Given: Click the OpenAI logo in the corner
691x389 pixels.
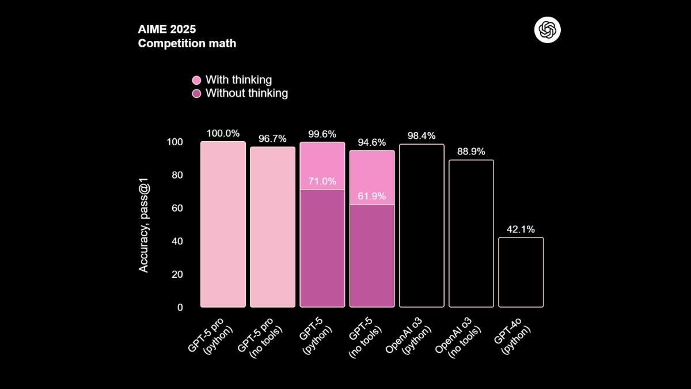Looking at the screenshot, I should pos(547,30).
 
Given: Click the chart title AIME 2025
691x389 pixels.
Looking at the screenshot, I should pos(167,29).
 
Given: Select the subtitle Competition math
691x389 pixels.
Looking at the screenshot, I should pos(187,43).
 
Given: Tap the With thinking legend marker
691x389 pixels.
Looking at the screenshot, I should pos(196,80).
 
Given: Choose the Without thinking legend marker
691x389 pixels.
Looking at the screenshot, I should pos(196,93).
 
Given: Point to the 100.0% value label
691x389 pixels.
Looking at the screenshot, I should pos(223,133).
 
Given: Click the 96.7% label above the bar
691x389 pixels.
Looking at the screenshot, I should pos(272,138).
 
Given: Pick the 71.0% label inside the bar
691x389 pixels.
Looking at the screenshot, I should pos(322,181).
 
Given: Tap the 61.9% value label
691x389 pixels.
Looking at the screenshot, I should pos(371,196).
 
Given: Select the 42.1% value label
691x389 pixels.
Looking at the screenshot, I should pos(521,229).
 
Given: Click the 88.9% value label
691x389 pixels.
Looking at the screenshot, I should pos(471,152).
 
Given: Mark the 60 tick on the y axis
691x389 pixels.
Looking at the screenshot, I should pos(176,208).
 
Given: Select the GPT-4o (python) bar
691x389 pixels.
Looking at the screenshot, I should pos(521,272).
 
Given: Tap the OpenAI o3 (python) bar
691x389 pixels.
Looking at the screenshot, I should pos(422,225).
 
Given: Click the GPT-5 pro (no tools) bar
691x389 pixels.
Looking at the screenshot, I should pos(272,227).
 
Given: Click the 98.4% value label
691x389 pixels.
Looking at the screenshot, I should pos(422,136).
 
